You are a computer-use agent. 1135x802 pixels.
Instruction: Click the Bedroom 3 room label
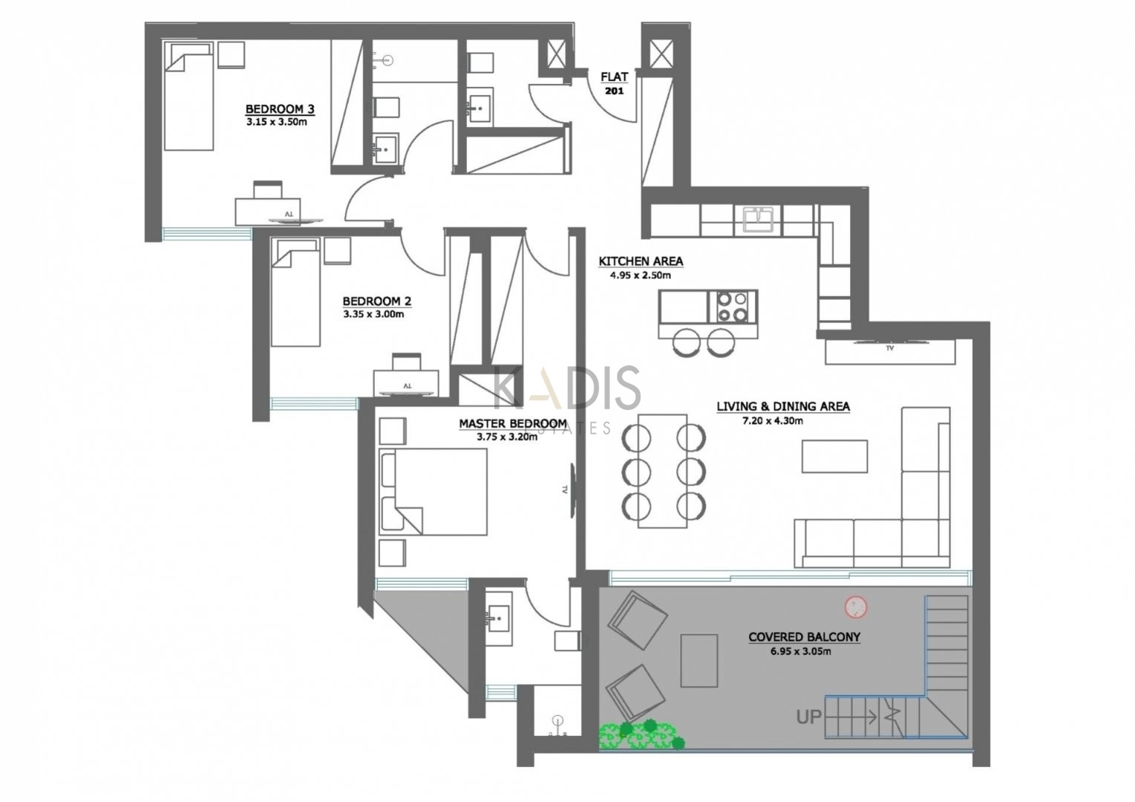(280, 109)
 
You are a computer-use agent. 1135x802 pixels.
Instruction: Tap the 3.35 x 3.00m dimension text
(373, 314)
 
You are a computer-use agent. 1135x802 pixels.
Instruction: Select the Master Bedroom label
(513, 423)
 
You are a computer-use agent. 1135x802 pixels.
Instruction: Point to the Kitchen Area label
(641, 261)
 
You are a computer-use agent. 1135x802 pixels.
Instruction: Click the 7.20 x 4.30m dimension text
(773, 420)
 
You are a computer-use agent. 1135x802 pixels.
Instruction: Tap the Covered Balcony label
(804, 636)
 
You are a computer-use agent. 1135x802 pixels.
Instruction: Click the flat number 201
(614, 91)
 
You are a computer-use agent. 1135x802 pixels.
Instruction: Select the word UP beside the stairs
(808, 717)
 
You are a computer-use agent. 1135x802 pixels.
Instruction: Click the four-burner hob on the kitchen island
(733, 307)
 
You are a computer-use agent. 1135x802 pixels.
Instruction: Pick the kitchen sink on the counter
(758, 219)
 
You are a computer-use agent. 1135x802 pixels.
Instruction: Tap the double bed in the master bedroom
(434, 492)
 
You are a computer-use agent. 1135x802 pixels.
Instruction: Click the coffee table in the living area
(834, 456)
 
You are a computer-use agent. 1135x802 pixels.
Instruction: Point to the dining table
(662, 471)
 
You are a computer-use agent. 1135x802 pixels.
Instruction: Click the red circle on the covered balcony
(856, 606)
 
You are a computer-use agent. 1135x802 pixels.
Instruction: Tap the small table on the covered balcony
(699, 661)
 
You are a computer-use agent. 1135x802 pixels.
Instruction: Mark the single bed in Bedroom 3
(189, 97)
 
